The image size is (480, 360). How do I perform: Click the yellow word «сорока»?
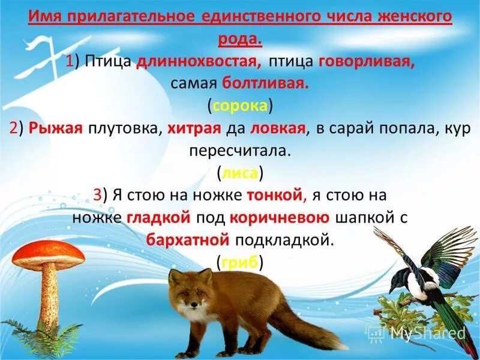[240, 106]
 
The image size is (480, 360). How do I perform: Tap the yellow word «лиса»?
[240, 173]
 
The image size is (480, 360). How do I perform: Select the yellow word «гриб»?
[240, 262]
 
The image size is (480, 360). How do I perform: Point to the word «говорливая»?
[367, 62]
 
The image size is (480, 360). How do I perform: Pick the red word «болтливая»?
[266, 83]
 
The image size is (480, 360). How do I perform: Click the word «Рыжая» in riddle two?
[55, 128]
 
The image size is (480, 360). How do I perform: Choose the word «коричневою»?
[278, 217]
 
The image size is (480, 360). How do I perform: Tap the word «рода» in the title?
[239, 40]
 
